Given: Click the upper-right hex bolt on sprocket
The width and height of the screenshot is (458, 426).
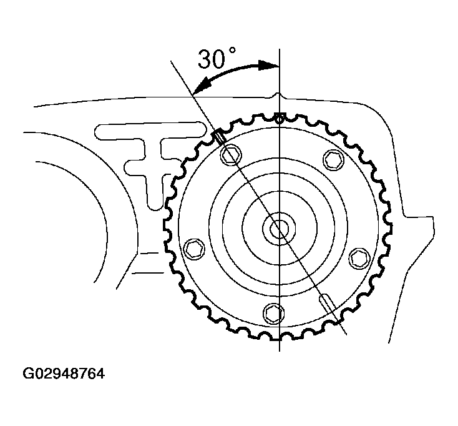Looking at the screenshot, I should [331, 161].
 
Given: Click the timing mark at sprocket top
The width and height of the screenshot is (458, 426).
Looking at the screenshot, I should [280, 116].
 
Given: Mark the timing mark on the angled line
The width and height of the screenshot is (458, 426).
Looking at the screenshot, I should [219, 136].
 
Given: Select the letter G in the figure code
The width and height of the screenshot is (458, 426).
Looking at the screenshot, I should [29, 375].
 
